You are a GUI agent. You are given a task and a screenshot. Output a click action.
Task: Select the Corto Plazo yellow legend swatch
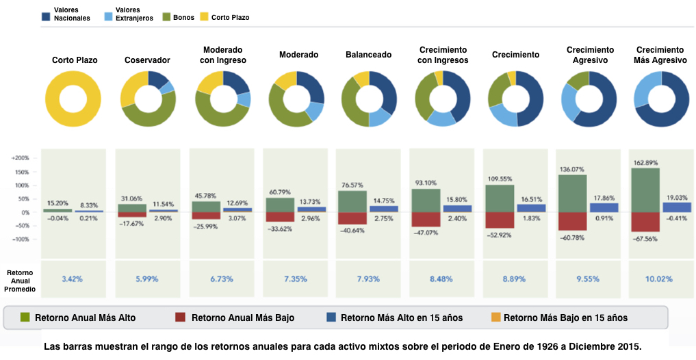coord(204,17)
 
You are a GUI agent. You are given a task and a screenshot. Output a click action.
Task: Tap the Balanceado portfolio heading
coord(368,55)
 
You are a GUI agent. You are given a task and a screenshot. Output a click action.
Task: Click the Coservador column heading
coord(147,60)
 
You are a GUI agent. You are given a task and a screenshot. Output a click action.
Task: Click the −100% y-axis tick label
coord(21,240)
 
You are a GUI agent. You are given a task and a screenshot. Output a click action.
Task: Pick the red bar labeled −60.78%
coord(573,221)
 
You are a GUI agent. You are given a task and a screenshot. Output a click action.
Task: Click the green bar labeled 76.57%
coord(352,201)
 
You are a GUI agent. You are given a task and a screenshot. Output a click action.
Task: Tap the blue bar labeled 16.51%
coord(531,208)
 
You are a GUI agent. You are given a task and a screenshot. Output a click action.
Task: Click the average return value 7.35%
coord(296,279)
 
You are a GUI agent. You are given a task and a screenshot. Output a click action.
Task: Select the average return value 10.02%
coord(659,279)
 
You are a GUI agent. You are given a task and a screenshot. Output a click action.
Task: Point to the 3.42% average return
coord(73,279)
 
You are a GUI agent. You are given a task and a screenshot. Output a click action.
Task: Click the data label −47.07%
coord(426,232)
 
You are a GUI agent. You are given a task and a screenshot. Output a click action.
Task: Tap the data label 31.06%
coord(131,198)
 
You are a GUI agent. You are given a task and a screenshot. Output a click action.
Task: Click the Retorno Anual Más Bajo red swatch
coord(180,318)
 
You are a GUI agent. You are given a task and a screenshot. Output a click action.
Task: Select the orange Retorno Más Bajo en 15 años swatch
coord(495,318)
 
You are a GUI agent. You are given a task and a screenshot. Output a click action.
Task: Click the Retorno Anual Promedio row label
coord(20,281)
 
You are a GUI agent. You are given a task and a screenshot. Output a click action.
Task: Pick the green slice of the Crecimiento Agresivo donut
coord(579,79)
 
